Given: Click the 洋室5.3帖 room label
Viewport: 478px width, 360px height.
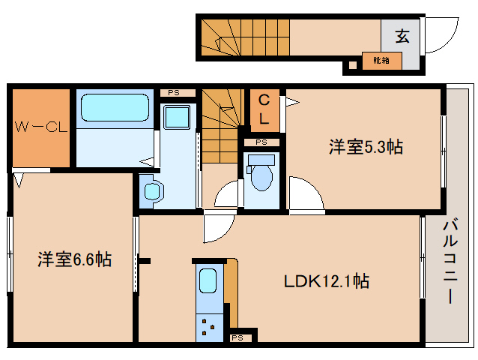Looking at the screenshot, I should coord(365,147).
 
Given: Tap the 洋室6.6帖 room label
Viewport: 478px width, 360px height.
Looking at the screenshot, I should coord(75,259).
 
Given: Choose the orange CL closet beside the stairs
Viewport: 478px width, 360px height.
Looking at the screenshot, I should coord(264,109).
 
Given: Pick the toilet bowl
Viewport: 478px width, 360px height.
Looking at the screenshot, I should coord(261,175).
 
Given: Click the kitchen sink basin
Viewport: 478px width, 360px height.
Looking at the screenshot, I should coord(208,282).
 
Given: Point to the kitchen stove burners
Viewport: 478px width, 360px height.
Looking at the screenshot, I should coord(208,324).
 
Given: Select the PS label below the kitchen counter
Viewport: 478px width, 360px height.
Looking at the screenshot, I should coord(238,338).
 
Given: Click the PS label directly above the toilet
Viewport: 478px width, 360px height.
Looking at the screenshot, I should coord(261,142).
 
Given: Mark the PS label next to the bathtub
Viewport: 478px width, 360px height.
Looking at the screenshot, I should coord(174,93).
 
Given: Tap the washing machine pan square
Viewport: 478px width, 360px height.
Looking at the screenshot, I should coord(178,118).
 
